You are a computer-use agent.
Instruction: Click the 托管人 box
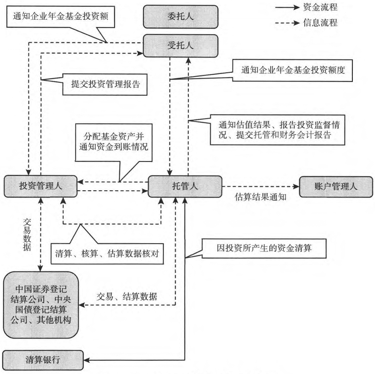click(184, 187)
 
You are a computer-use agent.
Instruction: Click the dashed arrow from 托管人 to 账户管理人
click(258, 187)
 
